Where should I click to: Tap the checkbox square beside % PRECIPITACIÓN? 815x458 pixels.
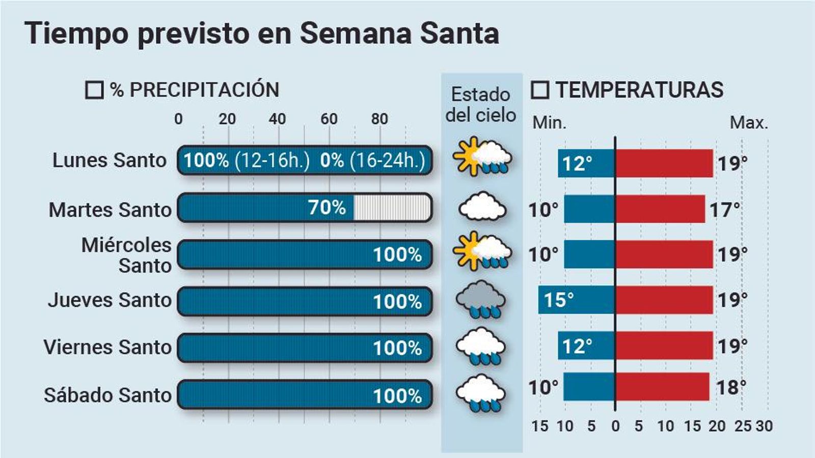(x=94, y=90)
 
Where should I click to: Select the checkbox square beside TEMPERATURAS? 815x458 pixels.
(x=540, y=90)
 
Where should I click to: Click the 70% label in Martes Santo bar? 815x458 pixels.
(x=327, y=208)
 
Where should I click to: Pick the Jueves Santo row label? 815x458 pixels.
(x=110, y=300)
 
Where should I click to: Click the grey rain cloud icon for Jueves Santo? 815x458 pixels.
(x=481, y=299)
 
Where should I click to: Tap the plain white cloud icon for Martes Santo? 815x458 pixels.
(x=482, y=207)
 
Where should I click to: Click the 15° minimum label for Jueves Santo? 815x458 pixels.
(x=559, y=300)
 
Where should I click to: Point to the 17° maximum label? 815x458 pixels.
(x=725, y=210)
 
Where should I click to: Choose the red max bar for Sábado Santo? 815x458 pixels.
(x=662, y=387)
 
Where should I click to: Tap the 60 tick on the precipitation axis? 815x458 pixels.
(x=329, y=119)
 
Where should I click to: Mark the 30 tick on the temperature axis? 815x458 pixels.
(x=764, y=426)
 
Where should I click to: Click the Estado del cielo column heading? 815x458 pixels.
(x=481, y=105)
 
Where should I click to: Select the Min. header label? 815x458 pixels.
(x=549, y=123)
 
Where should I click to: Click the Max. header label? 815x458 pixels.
(x=748, y=123)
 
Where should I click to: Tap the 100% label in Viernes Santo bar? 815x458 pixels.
(x=397, y=349)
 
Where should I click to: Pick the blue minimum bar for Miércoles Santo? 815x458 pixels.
(x=590, y=254)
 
